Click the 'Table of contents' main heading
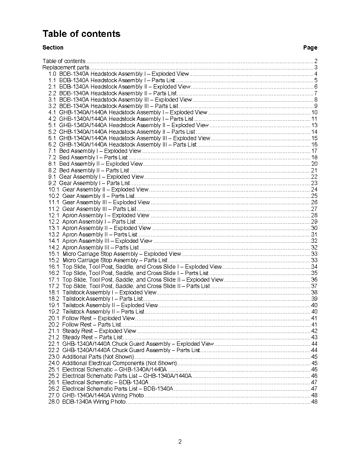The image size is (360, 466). (81, 34)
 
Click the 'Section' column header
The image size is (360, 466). (53, 47)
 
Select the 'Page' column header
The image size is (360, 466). (310, 47)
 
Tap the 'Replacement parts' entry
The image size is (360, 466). (66, 67)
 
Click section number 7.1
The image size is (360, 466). (53, 151)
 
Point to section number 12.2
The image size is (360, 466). (54, 222)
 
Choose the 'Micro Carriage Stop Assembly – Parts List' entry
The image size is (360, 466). (115, 260)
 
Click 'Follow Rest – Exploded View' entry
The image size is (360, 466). (98, 318)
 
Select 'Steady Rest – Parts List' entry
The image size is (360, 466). (92, 337)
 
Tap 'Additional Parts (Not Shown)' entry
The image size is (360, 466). (98, 357)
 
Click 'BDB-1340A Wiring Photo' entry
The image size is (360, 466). (94, 402)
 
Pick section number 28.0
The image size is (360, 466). (54, 402)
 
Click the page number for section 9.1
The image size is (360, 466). (314, 177)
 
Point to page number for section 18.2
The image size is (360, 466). (314, 299)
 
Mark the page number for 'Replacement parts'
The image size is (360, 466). (316, 67)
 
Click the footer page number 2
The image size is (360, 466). (180, 442)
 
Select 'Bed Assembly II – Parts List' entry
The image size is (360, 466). (94, 170)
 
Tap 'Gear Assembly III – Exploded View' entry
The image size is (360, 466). (106, 202)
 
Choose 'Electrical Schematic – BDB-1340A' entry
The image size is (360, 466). (105, 382)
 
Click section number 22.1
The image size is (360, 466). (54, 344)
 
